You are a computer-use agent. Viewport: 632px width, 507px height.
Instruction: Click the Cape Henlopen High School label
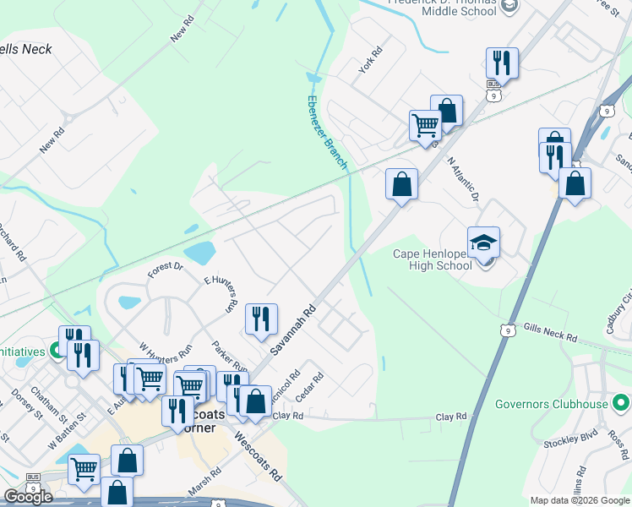click(x=433, y=259)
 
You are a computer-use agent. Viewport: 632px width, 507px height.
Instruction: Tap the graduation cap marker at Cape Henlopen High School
click(x=483, y=243)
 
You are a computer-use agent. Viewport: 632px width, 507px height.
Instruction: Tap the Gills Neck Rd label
click(x=549, y=332)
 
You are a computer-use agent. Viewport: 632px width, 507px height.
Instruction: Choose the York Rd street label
click(x=371, y=60)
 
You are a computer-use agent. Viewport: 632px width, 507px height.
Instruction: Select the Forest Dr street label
click(x=165, y=270)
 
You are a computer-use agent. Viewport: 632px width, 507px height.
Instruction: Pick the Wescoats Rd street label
click(x=258, y=456)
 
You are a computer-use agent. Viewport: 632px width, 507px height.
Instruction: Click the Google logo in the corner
click(x=27, y=497)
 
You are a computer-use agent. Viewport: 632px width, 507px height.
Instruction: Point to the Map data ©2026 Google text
click(x=580, y=500)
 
